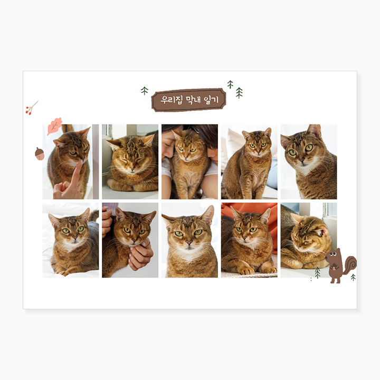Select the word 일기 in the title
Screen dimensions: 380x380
pyautogui.click(x=211, y=100)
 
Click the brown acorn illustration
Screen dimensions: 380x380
pyautogui.click(x=40, y=154)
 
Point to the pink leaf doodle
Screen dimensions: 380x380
pyautogui.click(x=54, y=126)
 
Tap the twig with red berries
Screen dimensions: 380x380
pyautogui.click(x=32, y=108)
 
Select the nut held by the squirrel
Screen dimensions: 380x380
pyautogui.click(x=335, y=268)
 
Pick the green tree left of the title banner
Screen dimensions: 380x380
pyautogui.click(x=145, y=91)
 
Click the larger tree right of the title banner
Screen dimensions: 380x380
pyautogui.click(x=239, y=92)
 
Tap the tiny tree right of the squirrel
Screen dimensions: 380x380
pyautogui.click(x=353, y=277)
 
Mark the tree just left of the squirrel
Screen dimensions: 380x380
pyautogui.click(x=318, y=272)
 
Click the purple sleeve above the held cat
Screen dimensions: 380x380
pyautogui.click(x=110, y=207)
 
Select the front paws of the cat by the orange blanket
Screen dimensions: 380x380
pyautogui.click(x=257, y=269)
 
